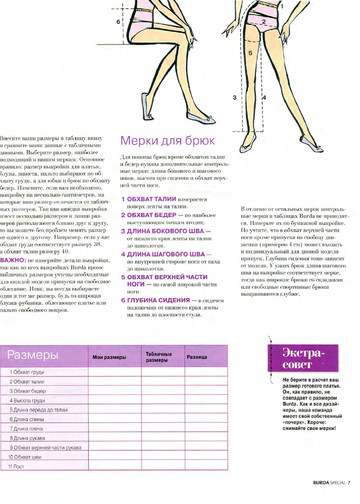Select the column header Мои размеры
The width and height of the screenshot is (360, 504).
click(111, 357)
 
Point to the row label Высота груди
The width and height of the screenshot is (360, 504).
click(30, 401)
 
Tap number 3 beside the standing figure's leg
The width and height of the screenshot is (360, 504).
click(236, 98)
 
